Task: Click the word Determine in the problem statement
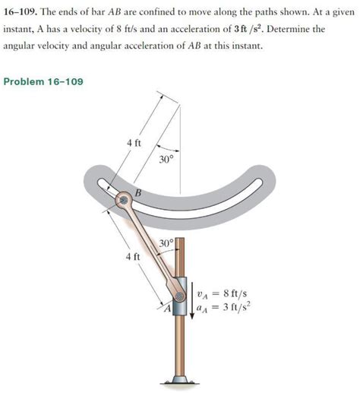[x=279, y=30]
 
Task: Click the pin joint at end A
[x=180, y=297]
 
